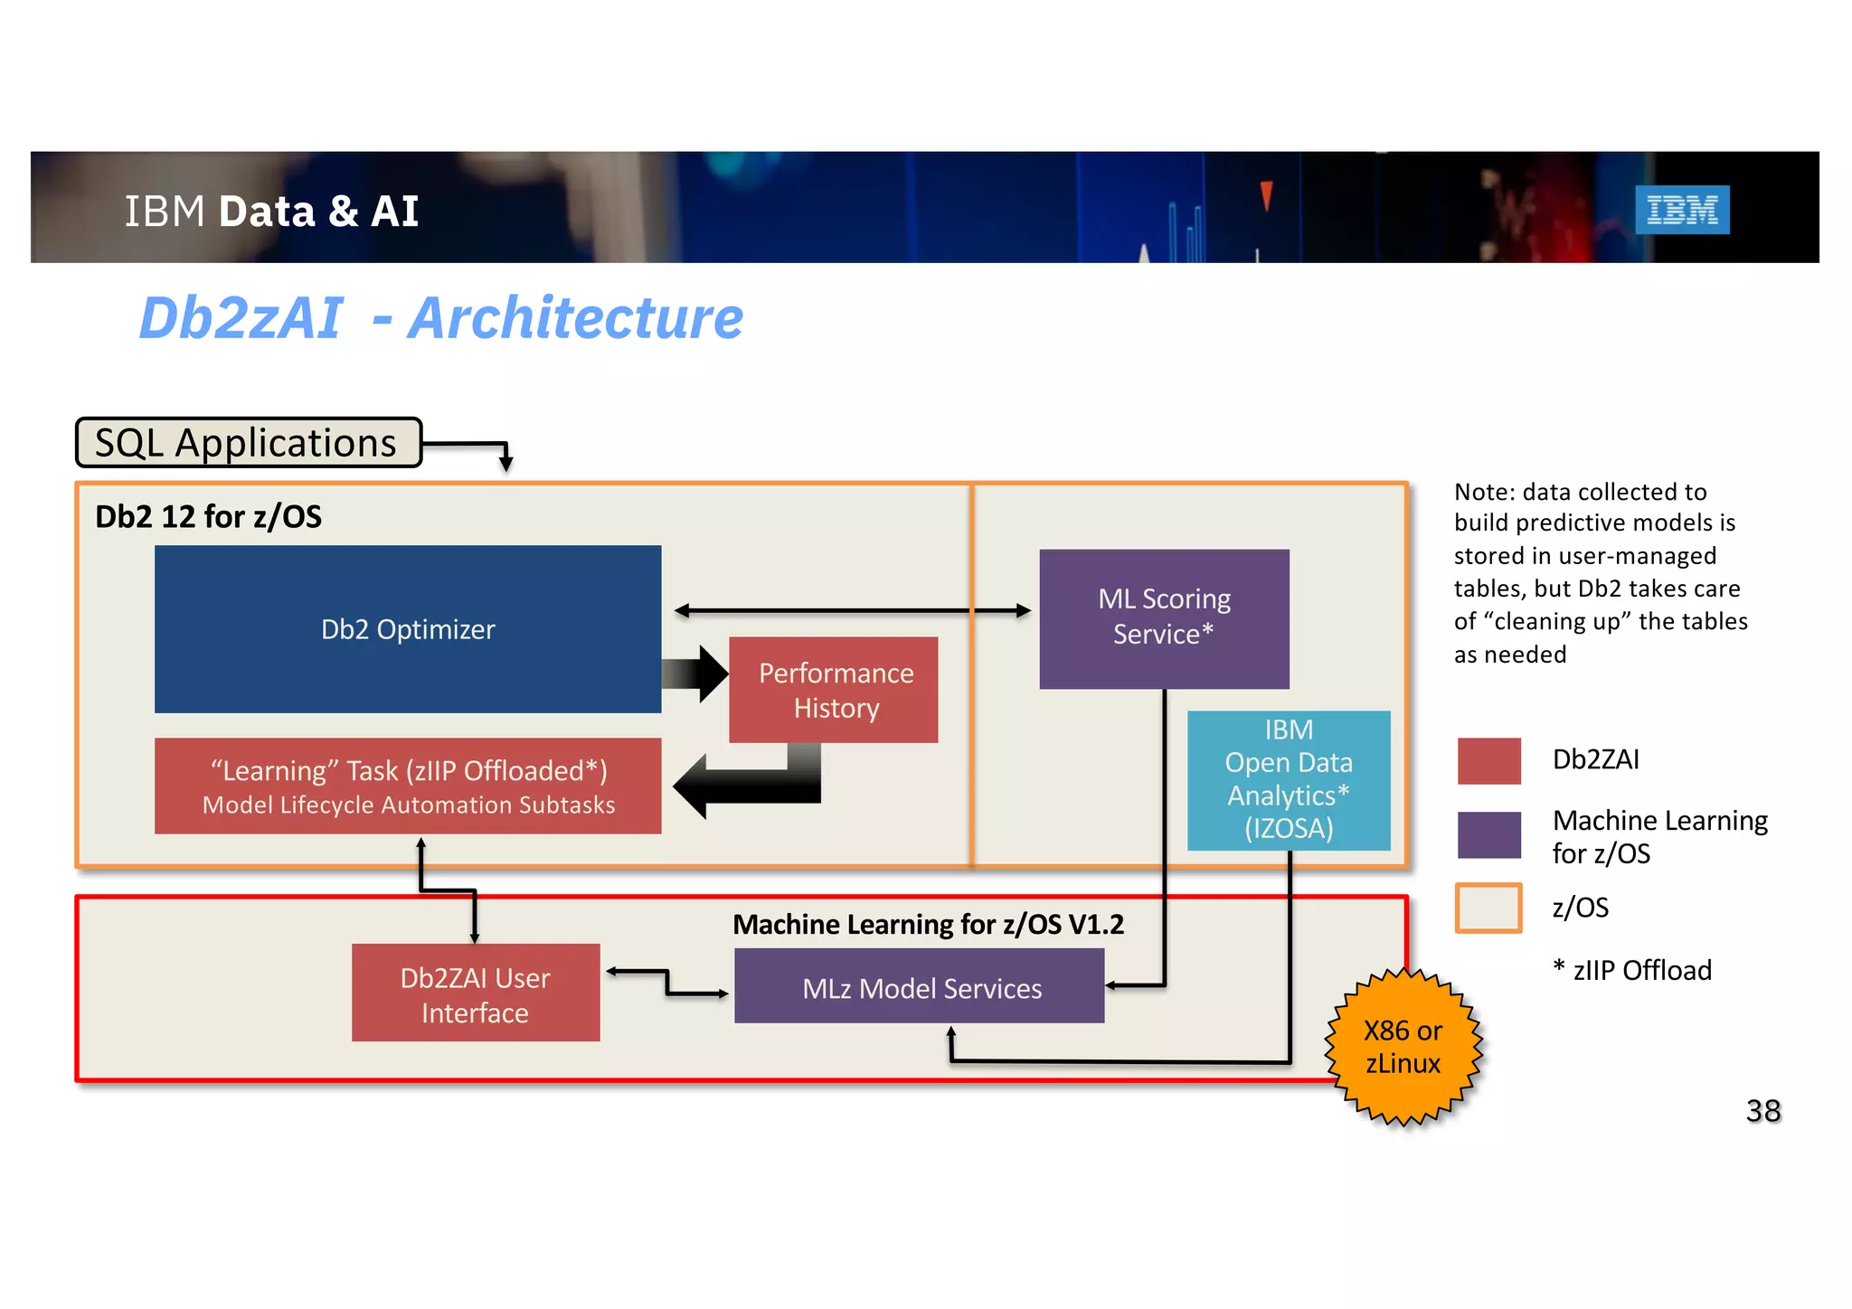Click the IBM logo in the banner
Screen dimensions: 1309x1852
[1681, 210]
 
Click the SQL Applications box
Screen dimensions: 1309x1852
[248, 443]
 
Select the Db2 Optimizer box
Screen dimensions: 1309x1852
[408, 629]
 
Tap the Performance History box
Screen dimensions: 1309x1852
[834, 690]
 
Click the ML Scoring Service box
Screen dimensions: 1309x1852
[1163, 618]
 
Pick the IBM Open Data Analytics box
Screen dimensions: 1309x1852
[1288, 779]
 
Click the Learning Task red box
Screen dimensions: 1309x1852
[408, 786]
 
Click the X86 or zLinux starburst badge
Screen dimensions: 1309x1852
[1402, 1047]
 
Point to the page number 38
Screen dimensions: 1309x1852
[1762, 1110]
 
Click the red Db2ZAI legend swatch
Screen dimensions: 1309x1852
[1488, 760]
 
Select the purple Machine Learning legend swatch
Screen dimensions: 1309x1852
[1488, 833]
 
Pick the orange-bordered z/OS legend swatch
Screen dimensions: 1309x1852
[1488, 908]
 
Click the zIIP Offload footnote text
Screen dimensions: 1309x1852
[1632, 970]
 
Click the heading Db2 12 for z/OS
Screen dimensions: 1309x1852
[208, 517]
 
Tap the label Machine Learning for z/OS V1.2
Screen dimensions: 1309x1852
[928, 924]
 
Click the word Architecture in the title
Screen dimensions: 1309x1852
[575, 318]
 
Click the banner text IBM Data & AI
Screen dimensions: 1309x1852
[271, 212]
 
